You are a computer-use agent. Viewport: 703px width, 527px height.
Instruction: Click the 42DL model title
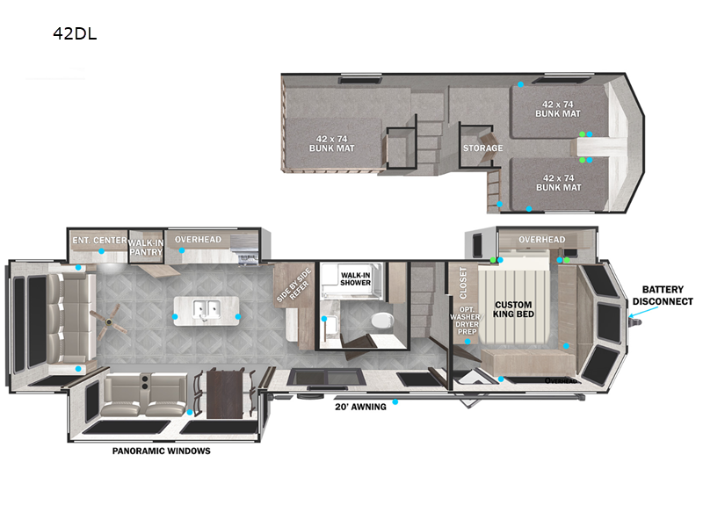pyautogui.click(x=75, y=33)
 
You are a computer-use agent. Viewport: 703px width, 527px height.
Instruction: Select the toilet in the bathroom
pyautogui.click(x=382, y=321)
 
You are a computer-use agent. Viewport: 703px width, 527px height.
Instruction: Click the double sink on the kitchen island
pyautogui.click(x=207, y=309)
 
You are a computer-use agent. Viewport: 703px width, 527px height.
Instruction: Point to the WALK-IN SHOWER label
pyautogui.click(x=355, y=278)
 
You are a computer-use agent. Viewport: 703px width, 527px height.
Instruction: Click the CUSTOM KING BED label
pyautogui.click(x=513, y=309)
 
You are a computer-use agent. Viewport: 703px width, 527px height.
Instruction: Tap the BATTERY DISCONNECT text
pyautogui.click(x=663, y=295)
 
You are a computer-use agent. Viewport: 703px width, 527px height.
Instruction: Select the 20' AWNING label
pyautogui.click(x=360, y=407)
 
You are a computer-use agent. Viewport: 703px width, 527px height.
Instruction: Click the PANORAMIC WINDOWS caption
pyautogui.click(x=162, y=451)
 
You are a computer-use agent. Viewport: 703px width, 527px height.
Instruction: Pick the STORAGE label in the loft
pyautogui.click(x=482, y=148)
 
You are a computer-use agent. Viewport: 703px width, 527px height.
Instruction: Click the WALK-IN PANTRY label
pyautogui.click(x=146, y=248)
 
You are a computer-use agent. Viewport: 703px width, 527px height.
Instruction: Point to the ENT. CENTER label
pyautogui.click(x=99, y=240)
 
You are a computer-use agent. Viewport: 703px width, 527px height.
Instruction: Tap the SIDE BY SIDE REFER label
pyautogui.click(x=294, y=285)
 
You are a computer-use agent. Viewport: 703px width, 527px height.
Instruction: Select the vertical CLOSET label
pyautogui.click(x=463, y=283)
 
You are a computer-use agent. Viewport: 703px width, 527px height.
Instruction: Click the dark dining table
pyautogui.click(x=225, y=393)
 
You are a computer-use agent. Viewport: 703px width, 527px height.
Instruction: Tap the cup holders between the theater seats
pyautogui.click(x=145, y=381)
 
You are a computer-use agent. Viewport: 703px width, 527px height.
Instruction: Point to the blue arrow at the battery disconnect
pyautogui.click(x=634, y=313)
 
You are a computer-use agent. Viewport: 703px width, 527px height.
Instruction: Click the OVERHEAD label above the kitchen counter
pyautogui.click(x=198, y=240)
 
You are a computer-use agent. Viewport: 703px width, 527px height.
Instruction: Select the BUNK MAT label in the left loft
pyautogui.click(x=332, y=143)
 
